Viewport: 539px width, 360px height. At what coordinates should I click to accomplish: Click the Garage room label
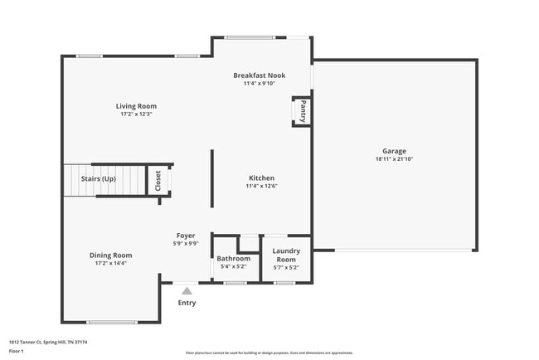click(x=394, y=151)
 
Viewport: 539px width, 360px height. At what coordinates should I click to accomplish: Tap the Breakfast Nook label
click(x=259, y=75)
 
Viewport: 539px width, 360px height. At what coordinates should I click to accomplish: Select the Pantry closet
click(x=303, y=111)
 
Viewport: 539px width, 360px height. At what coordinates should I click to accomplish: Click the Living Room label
click(x=136, y=106)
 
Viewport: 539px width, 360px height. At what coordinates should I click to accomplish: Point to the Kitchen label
click(x=261, y=178)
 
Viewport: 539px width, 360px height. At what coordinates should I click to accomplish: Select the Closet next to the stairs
click(x=158, y=181)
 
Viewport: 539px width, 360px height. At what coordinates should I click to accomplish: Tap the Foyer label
click(x=186, y=236)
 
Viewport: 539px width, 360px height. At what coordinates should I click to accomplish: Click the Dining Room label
click(x=111, y=255)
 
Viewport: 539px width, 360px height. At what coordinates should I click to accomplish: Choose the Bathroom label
click(x=234, y=259)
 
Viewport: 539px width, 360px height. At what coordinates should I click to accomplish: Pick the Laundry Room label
click(x=286, y=254)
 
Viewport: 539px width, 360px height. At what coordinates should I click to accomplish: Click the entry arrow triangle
click(x=187, y=291)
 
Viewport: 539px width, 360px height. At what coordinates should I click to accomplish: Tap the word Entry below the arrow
click(x=187, y=303)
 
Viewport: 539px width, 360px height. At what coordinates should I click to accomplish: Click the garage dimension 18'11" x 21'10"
click(x=394, y=158)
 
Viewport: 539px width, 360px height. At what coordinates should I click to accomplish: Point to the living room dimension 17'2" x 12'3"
click(x=136, y=114)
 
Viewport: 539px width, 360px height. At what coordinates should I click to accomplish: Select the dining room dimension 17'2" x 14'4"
click(x=111, y=263)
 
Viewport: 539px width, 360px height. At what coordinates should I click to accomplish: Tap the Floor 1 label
click(x=17, y=352)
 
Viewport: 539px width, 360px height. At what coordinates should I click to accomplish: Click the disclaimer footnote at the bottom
click(x=269, y=353)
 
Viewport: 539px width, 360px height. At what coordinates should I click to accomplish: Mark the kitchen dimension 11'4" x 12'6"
click(x=261, y=186)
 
